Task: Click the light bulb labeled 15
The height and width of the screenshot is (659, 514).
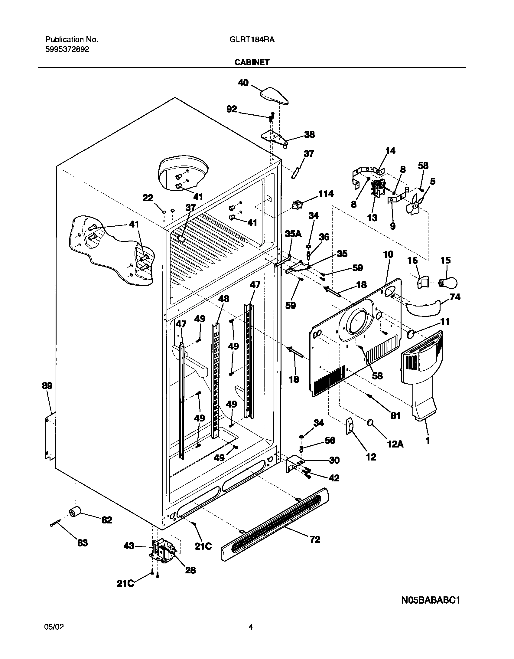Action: point(449,283)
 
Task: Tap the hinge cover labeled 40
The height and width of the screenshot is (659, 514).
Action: point(274,96)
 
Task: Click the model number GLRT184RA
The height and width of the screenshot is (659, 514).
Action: point(250,40)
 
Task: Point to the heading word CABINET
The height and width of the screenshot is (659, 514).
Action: point(252,62)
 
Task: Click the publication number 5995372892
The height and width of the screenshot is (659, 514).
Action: point(67,50)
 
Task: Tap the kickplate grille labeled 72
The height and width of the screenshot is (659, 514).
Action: point(275,526)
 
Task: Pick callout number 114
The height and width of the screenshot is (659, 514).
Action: point(325,194)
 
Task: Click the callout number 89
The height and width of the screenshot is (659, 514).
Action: point(47,386)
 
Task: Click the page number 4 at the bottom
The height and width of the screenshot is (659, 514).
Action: point(250,627)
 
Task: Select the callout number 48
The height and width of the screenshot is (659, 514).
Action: point(224,299)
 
